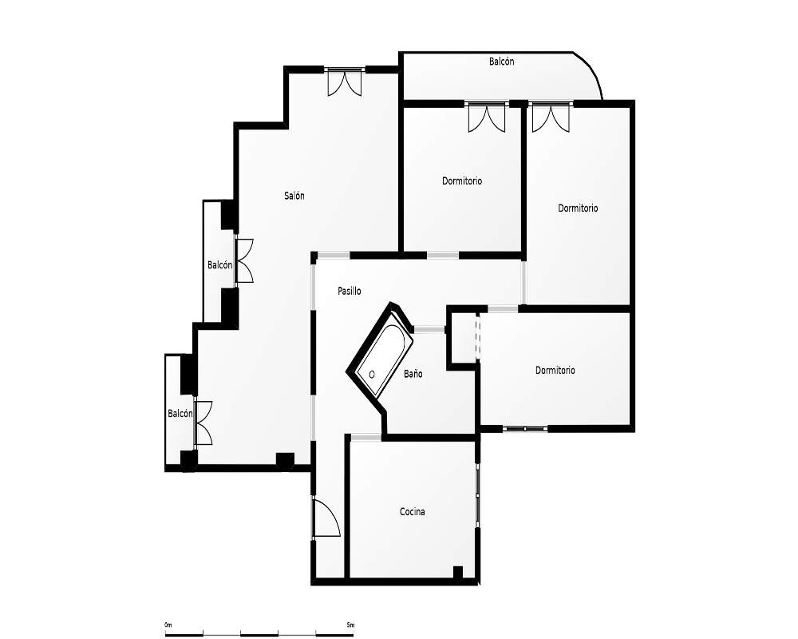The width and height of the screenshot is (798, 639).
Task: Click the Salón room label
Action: point(294,196)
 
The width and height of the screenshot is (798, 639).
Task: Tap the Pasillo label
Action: point(350,291)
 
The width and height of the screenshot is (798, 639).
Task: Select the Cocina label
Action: point(413,512)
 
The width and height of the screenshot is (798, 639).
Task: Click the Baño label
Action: point(413,374)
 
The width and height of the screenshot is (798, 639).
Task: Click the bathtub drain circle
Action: point(372,375)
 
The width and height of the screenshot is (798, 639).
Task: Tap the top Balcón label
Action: point(502,62)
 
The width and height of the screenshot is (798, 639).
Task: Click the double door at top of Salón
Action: point(345,81)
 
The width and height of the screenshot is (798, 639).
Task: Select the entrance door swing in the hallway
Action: point(326,518)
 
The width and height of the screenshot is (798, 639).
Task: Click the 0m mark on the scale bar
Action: point(168,625)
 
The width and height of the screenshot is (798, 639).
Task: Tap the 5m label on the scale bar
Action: point(350,625)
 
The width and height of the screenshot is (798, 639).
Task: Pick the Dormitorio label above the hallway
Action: point(461,181)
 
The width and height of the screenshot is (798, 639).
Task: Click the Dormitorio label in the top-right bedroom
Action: point(578,208)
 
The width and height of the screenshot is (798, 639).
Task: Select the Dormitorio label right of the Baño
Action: point(555,371)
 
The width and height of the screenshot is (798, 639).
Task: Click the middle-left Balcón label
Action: point(220,265)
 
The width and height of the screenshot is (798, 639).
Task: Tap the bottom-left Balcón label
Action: point(180,414)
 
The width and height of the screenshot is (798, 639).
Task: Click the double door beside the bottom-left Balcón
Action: point(203,423)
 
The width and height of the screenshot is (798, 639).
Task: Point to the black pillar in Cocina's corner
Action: point(457,572)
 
